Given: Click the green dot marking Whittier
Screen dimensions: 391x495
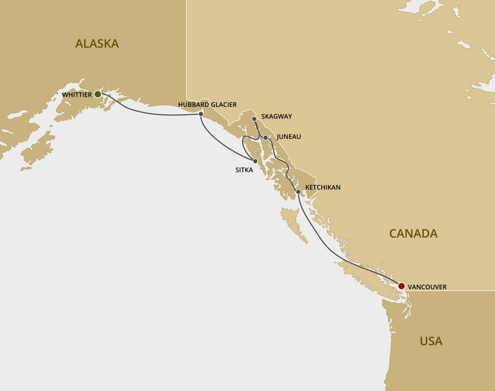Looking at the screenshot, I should point(98,94).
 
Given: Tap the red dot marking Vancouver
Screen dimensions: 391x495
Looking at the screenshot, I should point(401,286).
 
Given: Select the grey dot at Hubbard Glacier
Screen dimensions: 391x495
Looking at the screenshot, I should point(201,114).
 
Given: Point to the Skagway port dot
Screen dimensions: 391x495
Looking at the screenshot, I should point(254,119).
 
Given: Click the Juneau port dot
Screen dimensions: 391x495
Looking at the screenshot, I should point(265,137).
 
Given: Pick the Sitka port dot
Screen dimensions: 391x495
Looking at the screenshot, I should point(256,161).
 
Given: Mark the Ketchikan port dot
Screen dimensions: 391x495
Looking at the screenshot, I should point(298,191).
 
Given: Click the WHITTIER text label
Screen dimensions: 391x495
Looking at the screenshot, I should point(77,95).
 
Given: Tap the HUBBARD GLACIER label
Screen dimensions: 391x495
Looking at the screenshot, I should point(207,105).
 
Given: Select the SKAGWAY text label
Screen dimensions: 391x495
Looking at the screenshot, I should point(276,116).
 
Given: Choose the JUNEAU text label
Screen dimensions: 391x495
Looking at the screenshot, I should point(289,137).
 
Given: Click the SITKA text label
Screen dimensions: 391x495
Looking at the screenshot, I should point(244,170).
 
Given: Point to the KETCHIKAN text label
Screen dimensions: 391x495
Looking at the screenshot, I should point(323,187).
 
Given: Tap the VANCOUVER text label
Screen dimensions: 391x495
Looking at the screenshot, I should point(427,287).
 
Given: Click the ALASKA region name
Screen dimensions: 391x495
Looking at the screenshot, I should point(97,44).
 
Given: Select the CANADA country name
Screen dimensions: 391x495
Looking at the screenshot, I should point(413,233).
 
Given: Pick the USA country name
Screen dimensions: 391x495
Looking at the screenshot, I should point(431,341).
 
